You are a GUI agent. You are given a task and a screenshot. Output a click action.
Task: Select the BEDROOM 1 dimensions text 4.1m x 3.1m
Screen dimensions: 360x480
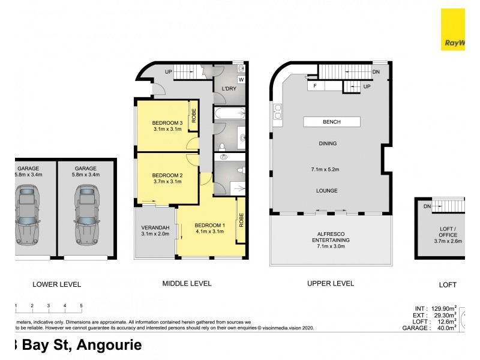click(209, 232)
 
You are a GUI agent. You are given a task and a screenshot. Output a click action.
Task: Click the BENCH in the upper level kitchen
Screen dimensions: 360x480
click(331, 122)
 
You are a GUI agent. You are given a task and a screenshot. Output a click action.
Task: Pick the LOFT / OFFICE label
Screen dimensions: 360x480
click(448, 232)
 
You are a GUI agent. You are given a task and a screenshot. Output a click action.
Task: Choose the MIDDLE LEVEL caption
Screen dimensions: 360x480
click(187, 284)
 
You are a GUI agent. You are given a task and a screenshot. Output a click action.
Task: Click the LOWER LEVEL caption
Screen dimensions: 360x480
click(56, 284)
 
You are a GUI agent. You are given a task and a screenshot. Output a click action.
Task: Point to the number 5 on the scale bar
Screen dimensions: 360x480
click(81, 306)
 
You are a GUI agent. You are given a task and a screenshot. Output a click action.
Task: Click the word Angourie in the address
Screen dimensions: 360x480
click(104, 345)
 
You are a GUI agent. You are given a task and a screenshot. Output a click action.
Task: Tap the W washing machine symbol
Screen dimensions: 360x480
click(241, 79)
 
